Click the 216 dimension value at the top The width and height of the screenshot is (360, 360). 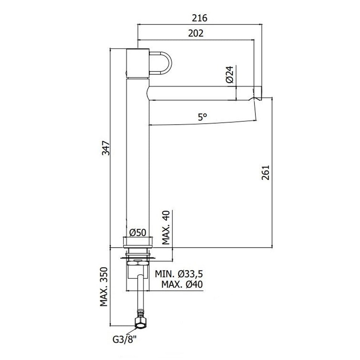click(x=200, y=18)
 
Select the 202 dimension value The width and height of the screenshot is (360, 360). click(x=196, y=33)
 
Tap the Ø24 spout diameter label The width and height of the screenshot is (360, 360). click(x=230, y=75)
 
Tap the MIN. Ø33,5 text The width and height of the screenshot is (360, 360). click(x=179, y=274)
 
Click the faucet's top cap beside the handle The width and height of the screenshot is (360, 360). click(x=138, y=62)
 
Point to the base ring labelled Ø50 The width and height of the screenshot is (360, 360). click(x=138, y=242)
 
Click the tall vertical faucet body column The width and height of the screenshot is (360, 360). click(x=138, y=158)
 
